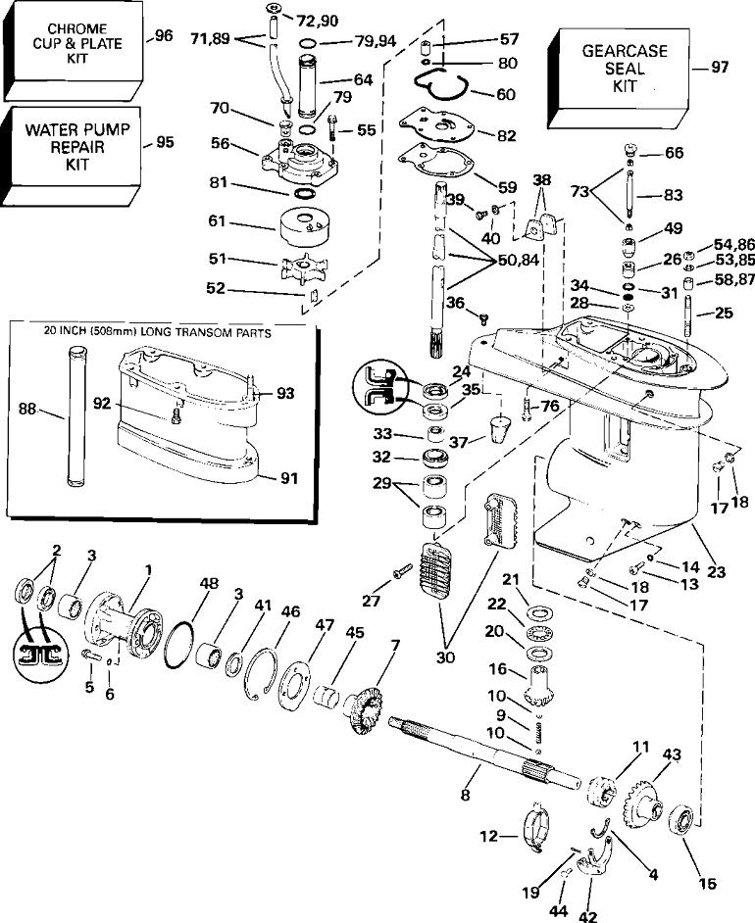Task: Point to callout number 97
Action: (x=720, y=67)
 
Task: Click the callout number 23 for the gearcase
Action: (x=716, y=571)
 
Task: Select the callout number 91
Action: (x=288, y=478)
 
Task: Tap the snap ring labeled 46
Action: (x=262, y=673)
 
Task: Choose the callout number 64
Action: (x=364, y=79)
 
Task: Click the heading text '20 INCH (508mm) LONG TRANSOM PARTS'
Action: (x=157, y=333)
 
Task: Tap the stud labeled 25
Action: (x=687, y=317)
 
